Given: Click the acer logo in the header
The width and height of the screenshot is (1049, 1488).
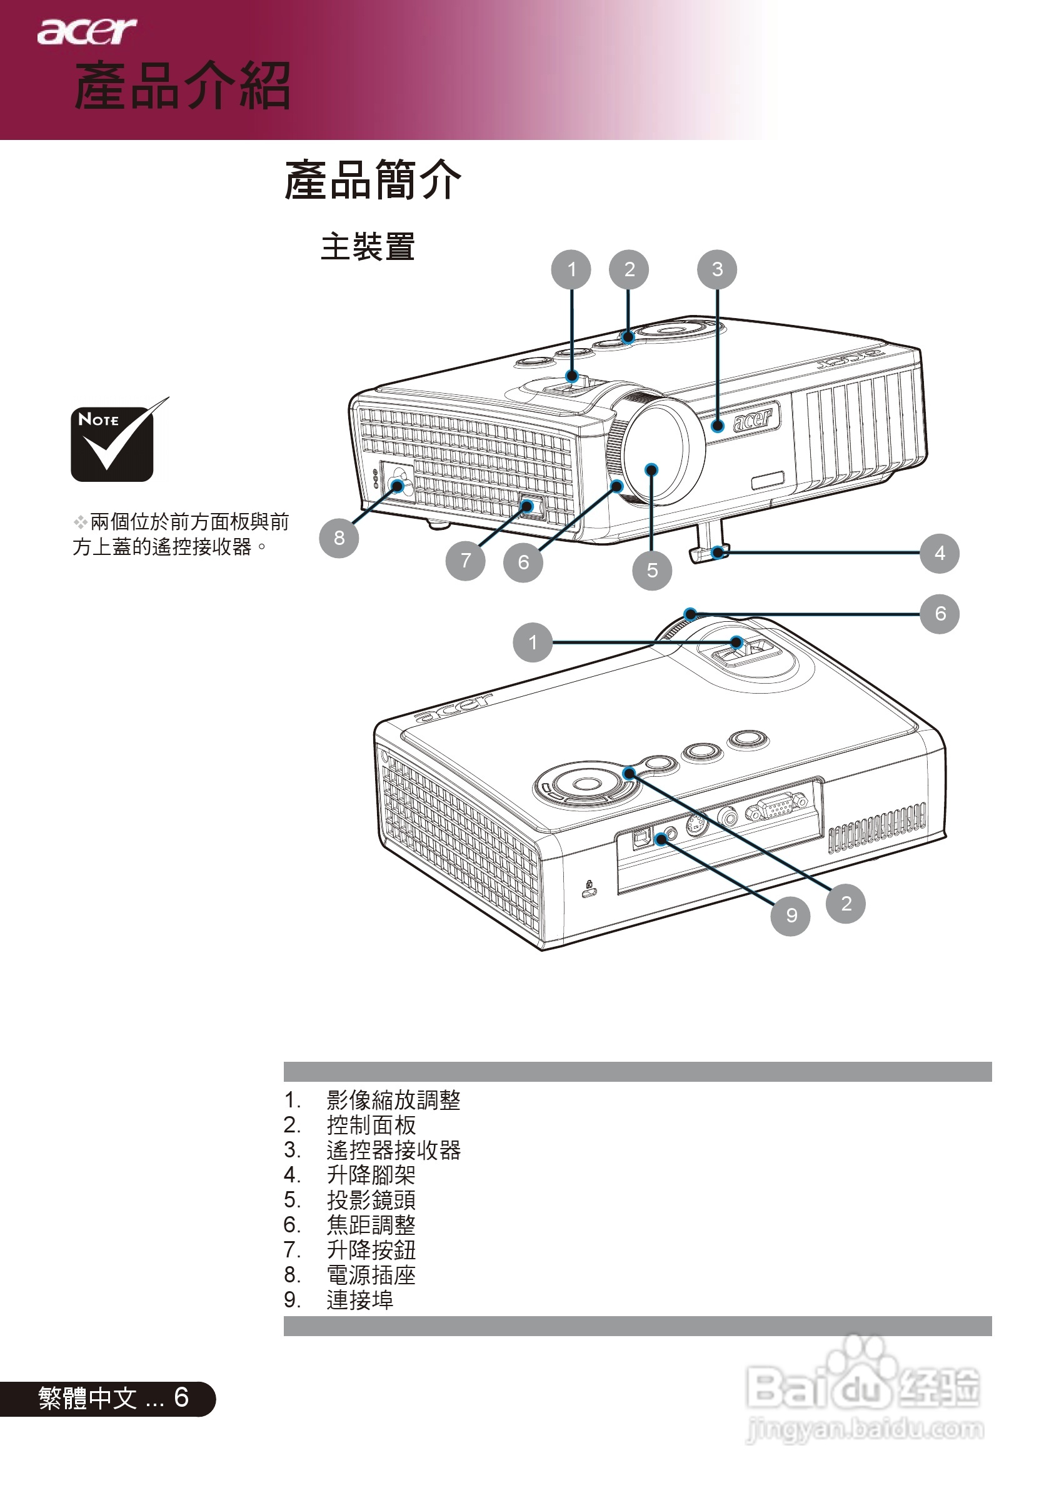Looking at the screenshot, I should click(x=86, y=31).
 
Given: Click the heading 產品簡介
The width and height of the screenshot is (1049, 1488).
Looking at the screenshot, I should click(x=372, y=179).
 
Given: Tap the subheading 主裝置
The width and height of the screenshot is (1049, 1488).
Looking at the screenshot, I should click(x=367, y=247).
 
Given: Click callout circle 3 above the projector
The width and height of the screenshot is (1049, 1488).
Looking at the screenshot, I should click(x=716, y=269).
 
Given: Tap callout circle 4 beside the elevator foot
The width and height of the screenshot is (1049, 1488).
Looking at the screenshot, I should click(x=939, y=553).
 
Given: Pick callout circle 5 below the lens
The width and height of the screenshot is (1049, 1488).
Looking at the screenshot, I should click(x=651, y=570).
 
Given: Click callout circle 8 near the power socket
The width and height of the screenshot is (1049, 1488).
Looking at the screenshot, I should click(x=338, y=537).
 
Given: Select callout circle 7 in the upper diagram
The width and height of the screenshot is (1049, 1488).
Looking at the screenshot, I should click(x=465, y=560).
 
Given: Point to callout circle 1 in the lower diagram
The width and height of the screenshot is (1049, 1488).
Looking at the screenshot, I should click(x=532, y=642).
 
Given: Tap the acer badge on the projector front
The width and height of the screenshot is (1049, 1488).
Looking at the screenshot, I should click(x=753, y=419).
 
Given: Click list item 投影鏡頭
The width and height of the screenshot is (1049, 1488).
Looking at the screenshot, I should click(x=370, y=1200).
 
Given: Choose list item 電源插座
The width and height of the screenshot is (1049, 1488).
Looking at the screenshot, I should click(x=370, y=1275).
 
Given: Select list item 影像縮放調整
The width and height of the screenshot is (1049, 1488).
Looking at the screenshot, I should click(x=393, y=1100).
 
